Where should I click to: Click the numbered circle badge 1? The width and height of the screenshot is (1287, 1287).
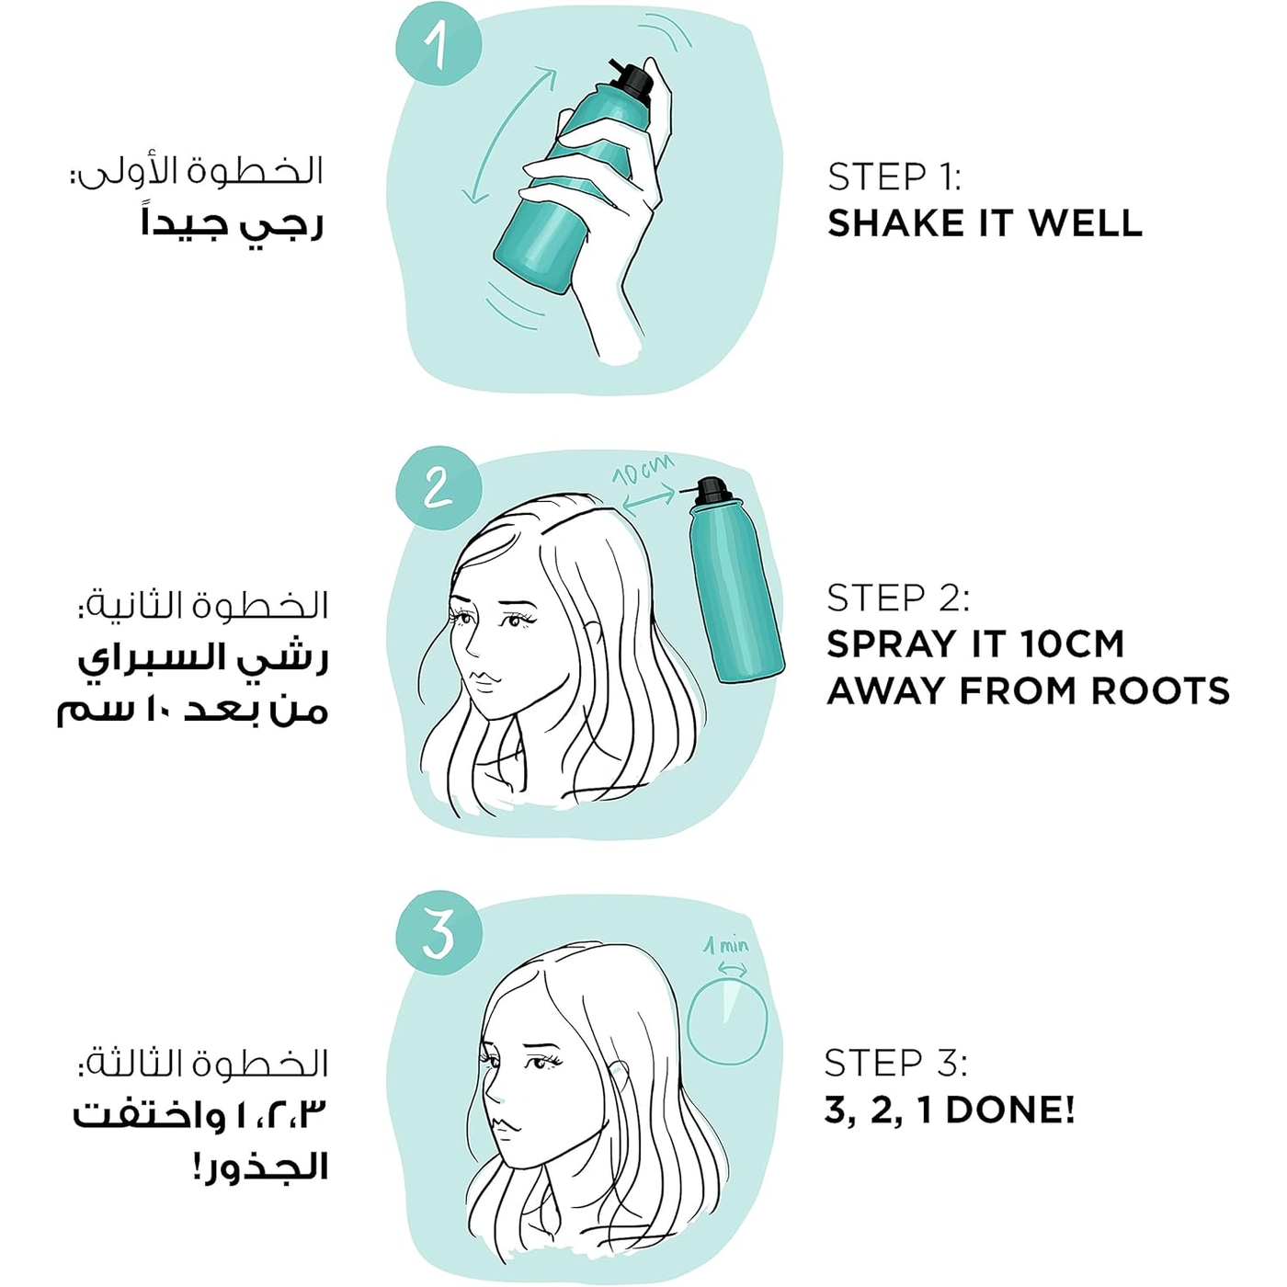point(438,45)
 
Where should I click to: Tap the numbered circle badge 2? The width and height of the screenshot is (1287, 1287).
point(438,487)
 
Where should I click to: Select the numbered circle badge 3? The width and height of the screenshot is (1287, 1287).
point(438,933)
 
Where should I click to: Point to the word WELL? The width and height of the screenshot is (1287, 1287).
point(1086,223)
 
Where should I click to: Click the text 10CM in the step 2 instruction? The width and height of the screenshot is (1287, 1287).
point(1071,643)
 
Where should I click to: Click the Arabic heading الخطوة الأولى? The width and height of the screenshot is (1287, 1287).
point(197,172)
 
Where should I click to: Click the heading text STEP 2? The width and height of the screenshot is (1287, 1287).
point(897,598)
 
